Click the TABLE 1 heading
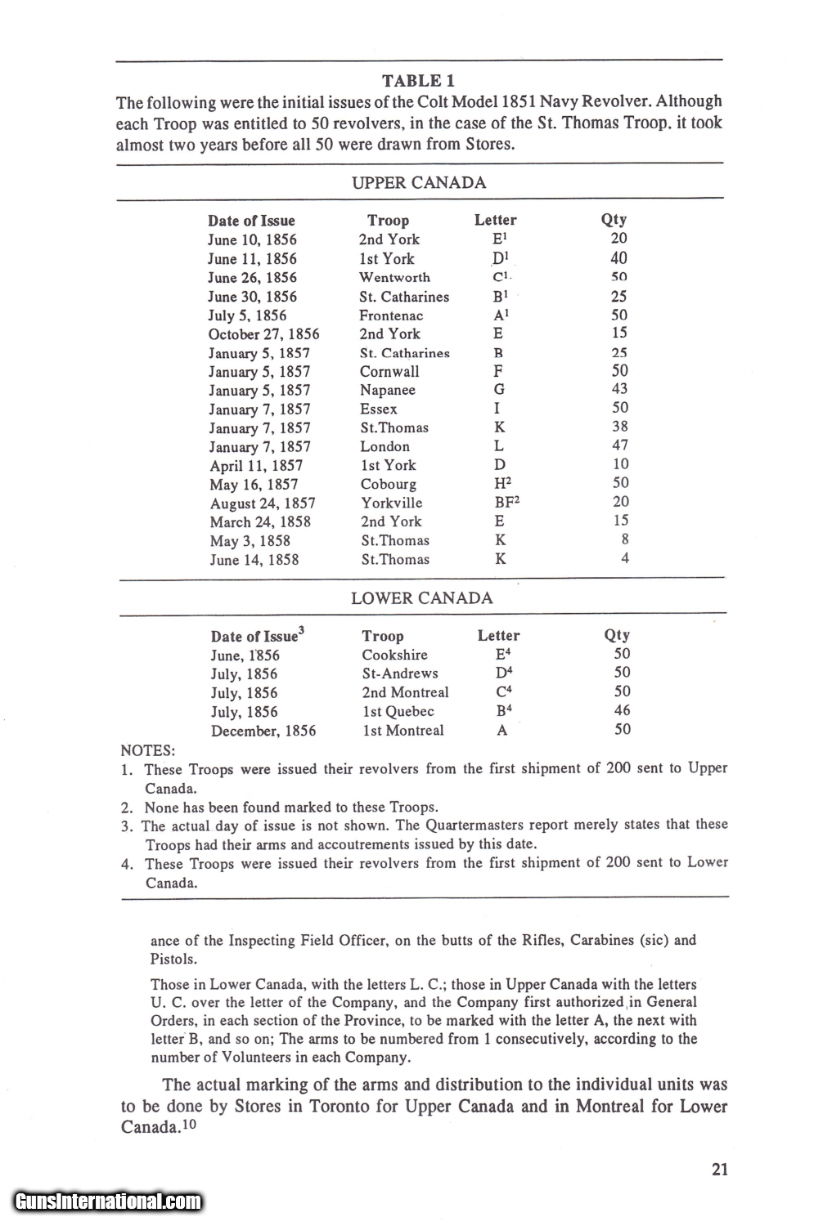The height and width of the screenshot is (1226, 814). (418, 80)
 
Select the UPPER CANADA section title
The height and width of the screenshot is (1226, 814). (418, 182)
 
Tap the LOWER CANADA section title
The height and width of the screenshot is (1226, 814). (421, 597)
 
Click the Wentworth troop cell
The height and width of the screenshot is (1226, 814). (394, 278)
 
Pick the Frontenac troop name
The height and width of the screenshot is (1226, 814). (391, 315)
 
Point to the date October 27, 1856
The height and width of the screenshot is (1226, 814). (263, 334)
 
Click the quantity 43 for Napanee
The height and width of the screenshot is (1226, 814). (619, 389)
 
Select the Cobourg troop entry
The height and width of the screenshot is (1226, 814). (388, 484)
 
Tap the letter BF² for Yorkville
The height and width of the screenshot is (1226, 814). (501, 502)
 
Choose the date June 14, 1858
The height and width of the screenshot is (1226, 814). (254, 560)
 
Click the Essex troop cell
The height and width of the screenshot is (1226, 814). (378, 409)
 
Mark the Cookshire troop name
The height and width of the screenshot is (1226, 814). (394, 655)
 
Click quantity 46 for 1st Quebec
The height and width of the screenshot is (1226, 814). (622, 710)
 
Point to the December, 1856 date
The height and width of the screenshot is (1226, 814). (263, 731)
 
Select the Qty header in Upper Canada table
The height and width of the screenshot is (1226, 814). (614, 219)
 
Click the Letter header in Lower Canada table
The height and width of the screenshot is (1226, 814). (498, 635)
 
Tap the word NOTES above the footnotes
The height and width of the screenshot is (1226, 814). (147, 750)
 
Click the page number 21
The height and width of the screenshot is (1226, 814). (720, 1169)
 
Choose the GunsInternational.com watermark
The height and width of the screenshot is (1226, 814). (108, 1201)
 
